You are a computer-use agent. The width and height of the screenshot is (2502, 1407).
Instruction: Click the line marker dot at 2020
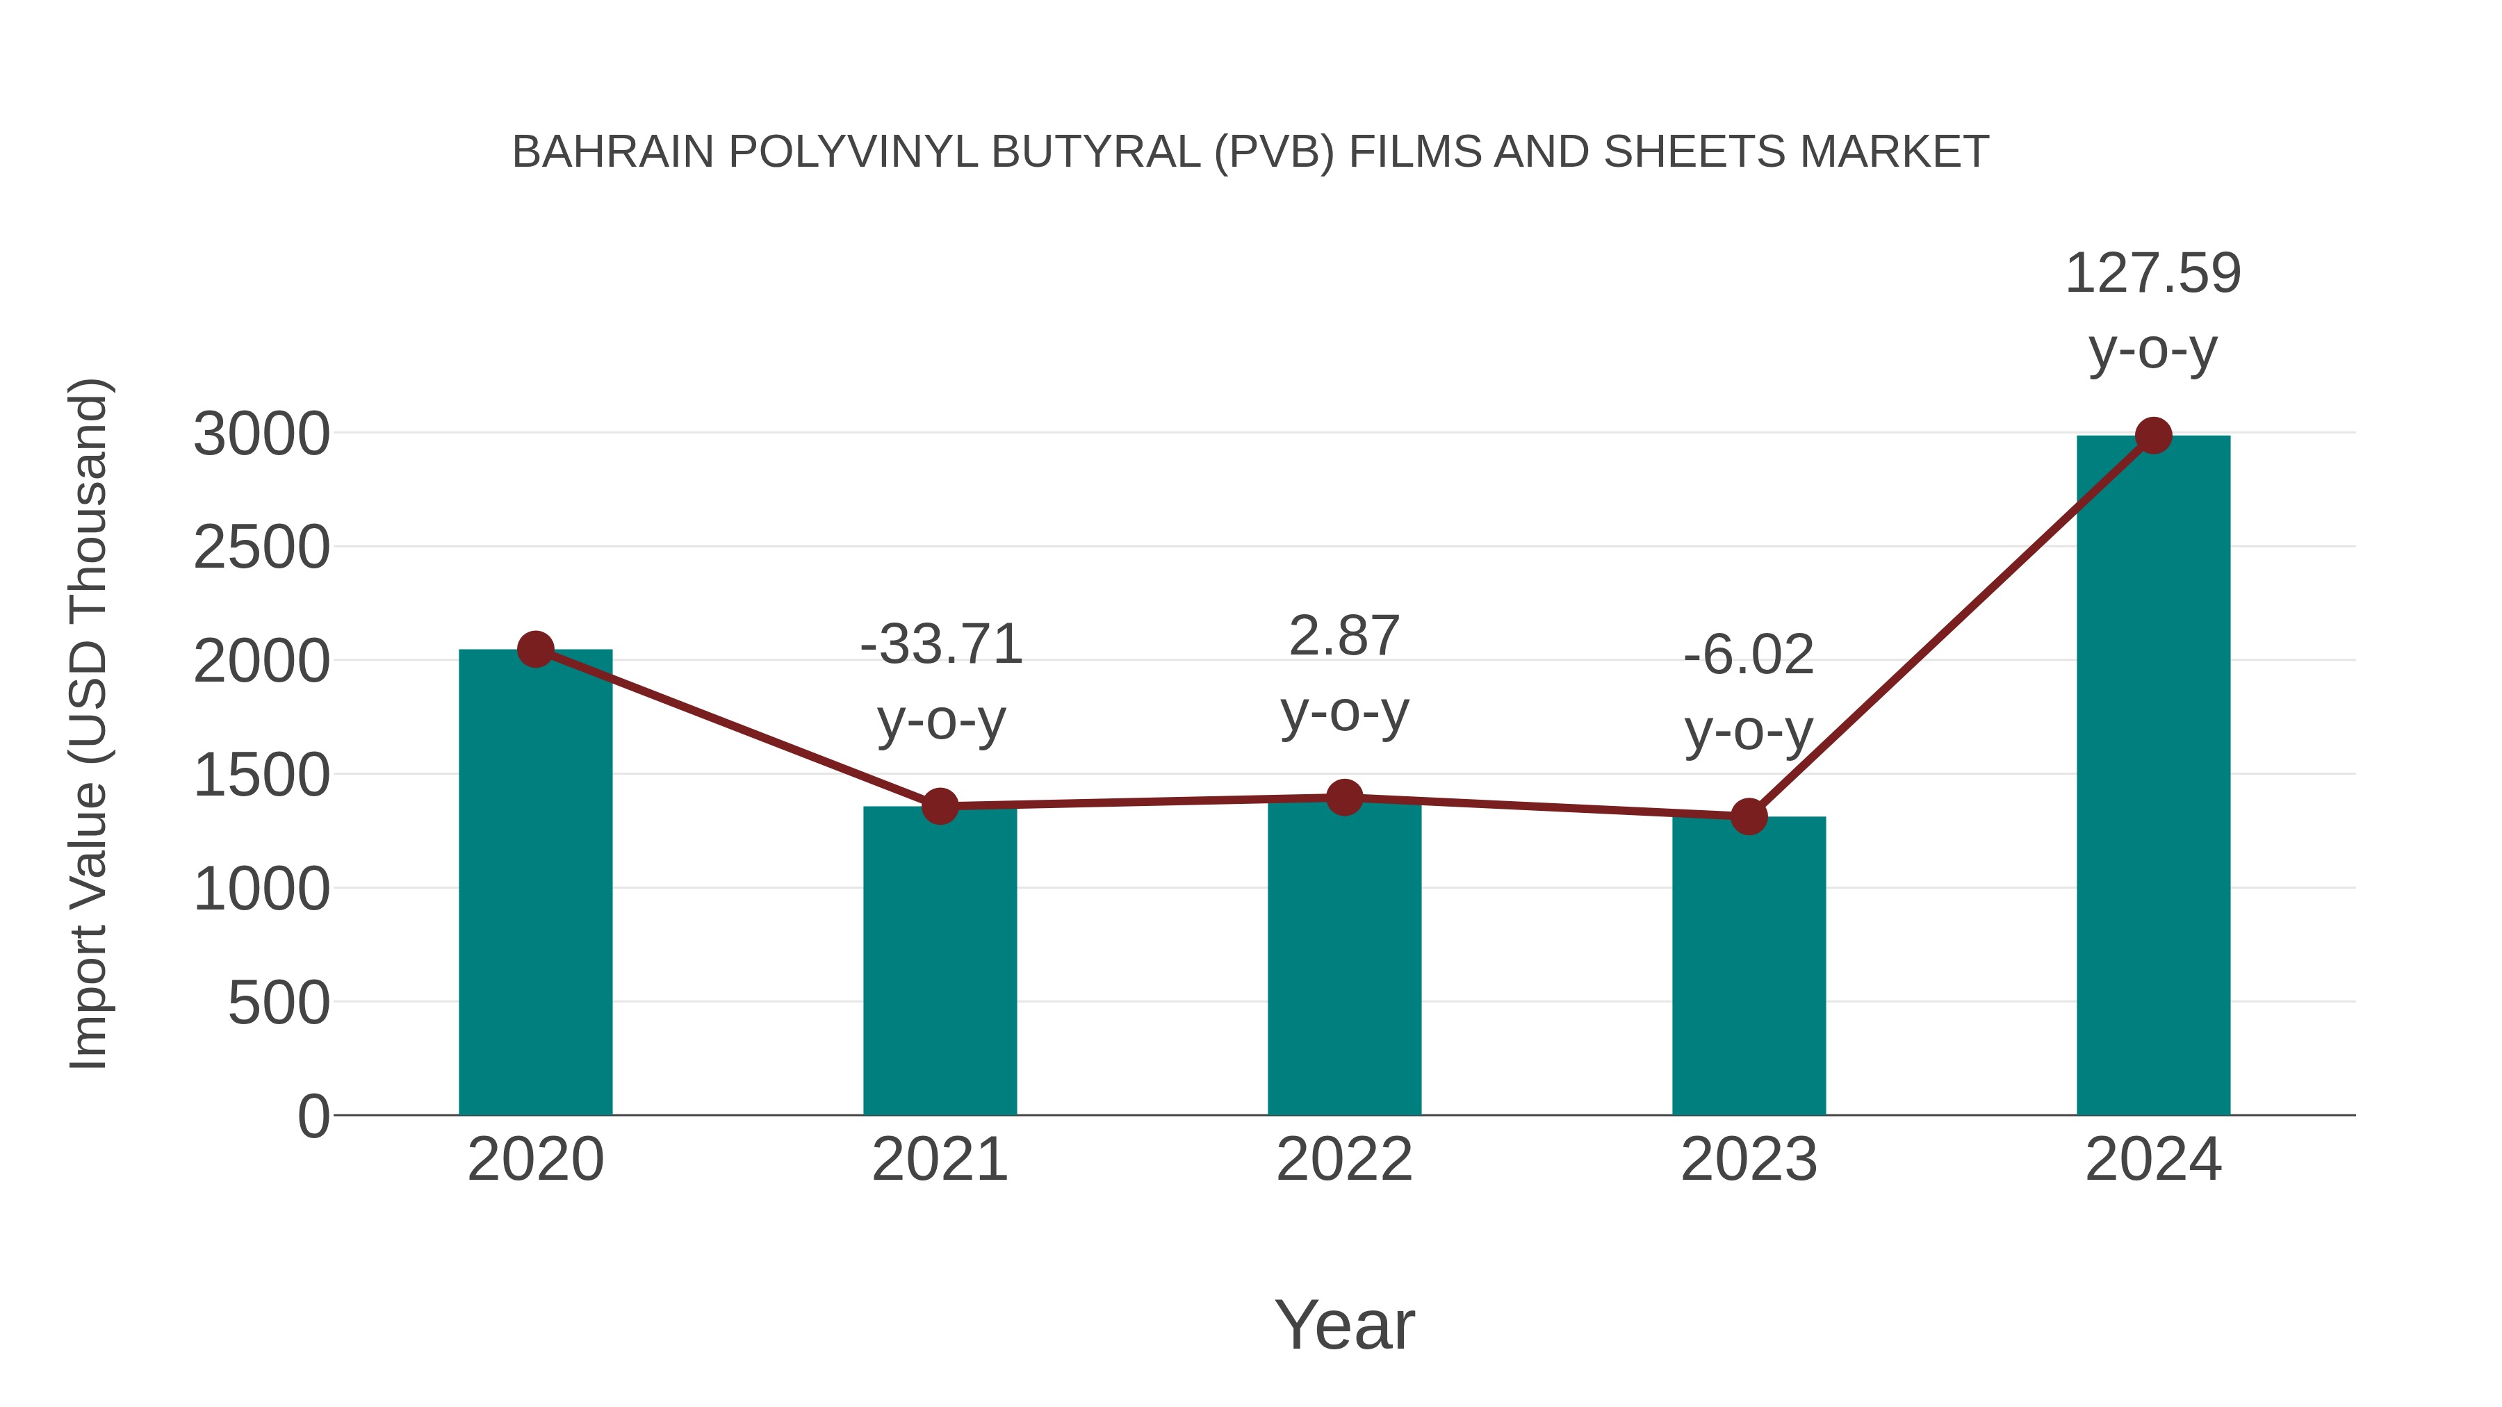pos(535,649)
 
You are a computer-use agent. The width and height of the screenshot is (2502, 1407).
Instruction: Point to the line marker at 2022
pos(1344,797)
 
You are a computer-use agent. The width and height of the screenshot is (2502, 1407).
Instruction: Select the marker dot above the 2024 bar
pos(2153,436)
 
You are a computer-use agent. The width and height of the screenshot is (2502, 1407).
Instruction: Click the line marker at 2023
pos(1749,816)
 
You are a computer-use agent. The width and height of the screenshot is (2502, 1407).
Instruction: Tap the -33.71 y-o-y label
pos(941,645)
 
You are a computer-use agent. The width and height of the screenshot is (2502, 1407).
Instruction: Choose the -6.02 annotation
pos(1749,655)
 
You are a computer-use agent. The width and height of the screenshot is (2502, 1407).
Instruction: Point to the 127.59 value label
pos(2152,273)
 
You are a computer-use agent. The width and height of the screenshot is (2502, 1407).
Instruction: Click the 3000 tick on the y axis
pos(261,434)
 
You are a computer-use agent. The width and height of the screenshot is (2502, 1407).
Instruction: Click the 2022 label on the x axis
pos(1344,1160)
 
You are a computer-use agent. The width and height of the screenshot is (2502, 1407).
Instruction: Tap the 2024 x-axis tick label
pos(2152,1160)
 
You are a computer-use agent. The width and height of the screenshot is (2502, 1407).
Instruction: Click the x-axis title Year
pos(1344,1324)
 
